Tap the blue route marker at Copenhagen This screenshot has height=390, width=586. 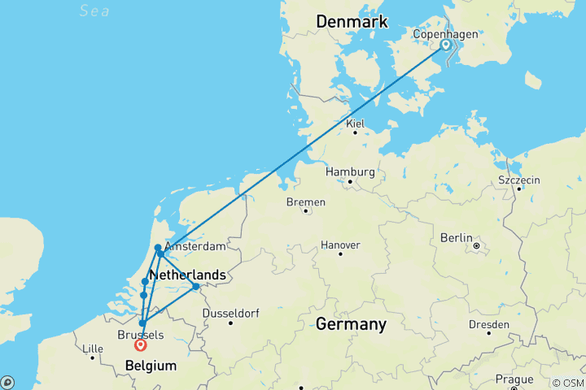coord(446,45)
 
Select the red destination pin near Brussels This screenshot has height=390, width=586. coord(140,345)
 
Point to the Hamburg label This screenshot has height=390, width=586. coord(350,172)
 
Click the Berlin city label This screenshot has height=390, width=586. coord(457,237)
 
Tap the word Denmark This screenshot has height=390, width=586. coord(352,22)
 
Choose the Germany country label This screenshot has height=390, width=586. coord(351,324)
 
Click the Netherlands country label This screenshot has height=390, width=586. coord(187,275)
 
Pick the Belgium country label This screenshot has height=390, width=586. coord(151,366)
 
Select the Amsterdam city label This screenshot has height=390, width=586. coord(195,246)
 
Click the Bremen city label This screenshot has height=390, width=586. coord(306,201)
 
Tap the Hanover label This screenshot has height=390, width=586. coord(340,245)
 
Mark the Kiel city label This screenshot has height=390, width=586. coord(355,123)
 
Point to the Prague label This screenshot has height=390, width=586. coord(514,379)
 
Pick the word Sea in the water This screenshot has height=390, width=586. coord(94,11)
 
